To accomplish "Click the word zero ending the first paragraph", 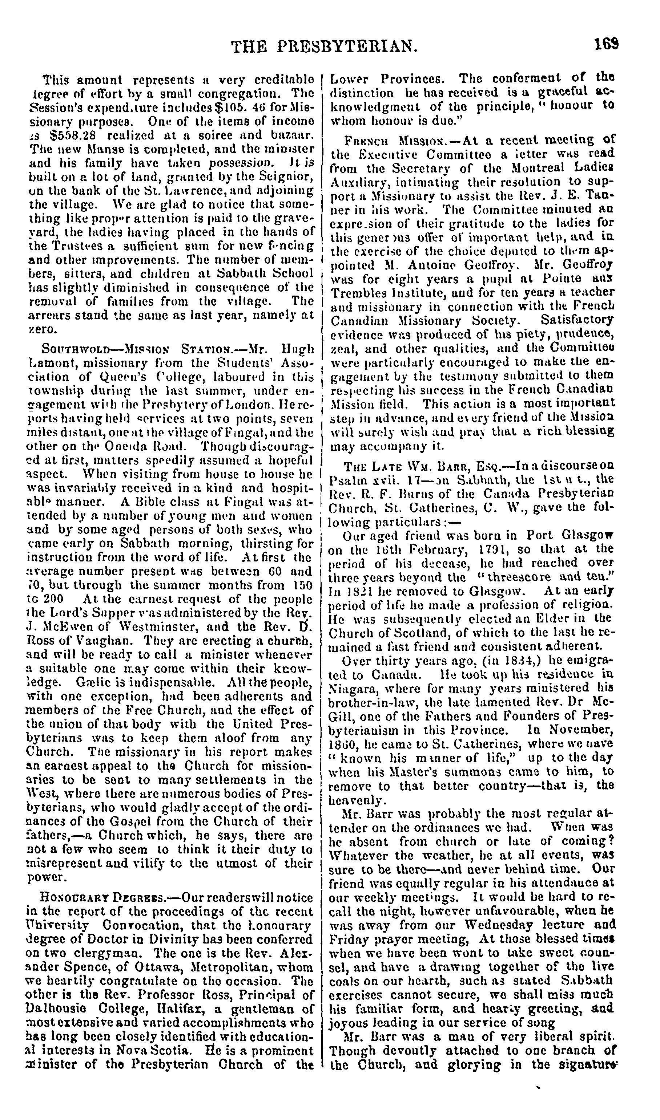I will tap(42, 329).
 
